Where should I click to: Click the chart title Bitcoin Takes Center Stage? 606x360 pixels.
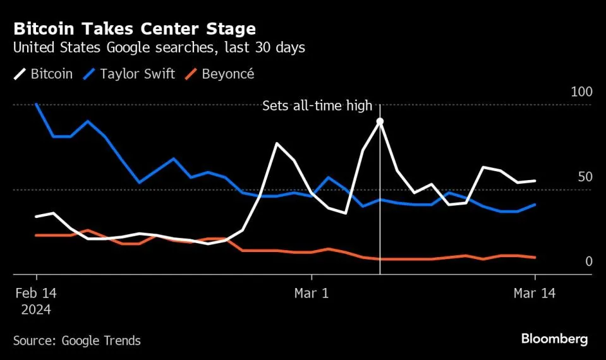(x=134, y=28)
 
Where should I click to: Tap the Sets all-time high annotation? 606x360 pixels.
(x=317, y=106)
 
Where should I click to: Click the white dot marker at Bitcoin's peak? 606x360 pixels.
(x=380, y=121)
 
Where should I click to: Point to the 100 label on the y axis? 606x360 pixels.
(x=581, y=92)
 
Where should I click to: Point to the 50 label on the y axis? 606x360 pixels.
(x=585, y=176)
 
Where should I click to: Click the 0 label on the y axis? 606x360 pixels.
(x=588, y=261)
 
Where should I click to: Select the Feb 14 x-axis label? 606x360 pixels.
(x=37, y=293)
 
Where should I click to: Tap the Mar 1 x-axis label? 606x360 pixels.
(x=312, y=293)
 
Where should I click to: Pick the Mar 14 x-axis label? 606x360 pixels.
(x=535, y=293)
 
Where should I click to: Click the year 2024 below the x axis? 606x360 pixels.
(x=37, y=310)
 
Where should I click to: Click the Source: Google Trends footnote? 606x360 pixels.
(x=77, y=340)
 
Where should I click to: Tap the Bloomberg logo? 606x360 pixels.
(x=554, y=339)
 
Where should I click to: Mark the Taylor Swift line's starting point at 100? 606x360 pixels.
(x=37, y=104)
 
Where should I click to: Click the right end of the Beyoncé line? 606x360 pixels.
(x=535, y=258)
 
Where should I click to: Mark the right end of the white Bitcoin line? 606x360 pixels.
(x=535, y=181)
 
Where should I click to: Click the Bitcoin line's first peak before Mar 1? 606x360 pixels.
(x=277, y=143)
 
